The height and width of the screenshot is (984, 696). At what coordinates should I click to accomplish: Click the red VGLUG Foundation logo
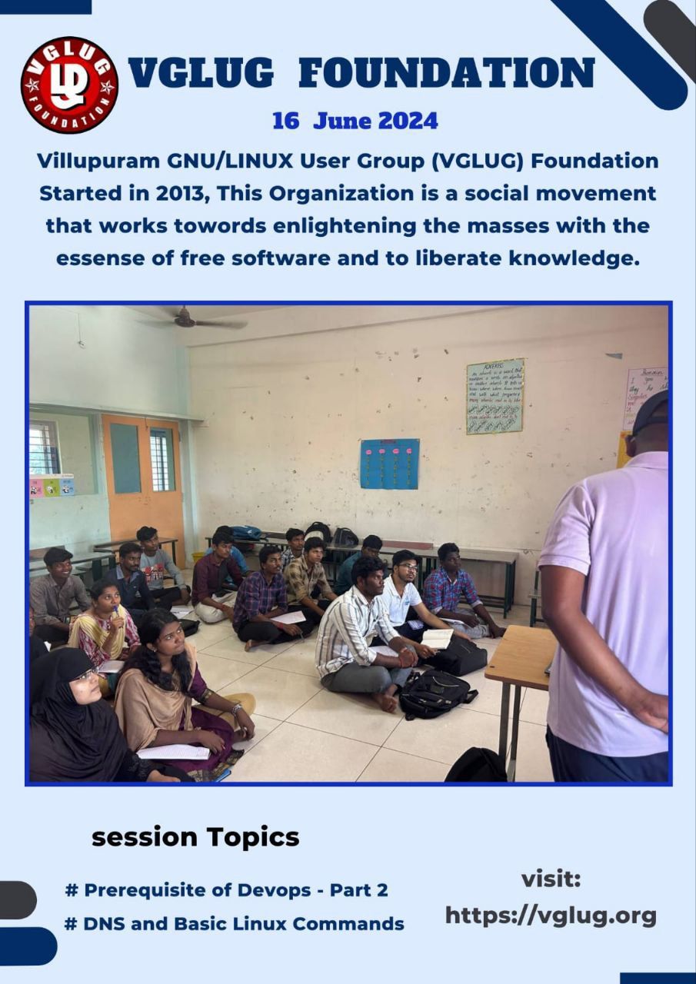pyautogui.click(x=69, y=85)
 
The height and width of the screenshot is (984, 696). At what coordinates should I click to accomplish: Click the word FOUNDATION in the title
pyautogui.click(x=446, y=74)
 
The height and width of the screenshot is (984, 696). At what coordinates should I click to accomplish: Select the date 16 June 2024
pyautogui.click(x=355, y=121)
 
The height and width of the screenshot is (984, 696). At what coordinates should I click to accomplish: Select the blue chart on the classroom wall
pyautogui.click(x=389, y=464)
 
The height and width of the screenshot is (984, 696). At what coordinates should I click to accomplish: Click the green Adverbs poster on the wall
pyautogui.click(x=495, y=396)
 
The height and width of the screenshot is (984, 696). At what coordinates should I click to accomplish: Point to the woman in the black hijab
pyautogui.click(x=73, y=715)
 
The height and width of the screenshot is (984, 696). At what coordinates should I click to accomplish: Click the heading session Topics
pyautogui.click(x=195, y=837)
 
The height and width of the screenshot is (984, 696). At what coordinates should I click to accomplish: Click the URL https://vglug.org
pyautogui.click(x=551, y=915)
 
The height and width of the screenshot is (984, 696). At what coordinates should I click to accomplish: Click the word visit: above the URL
pyautogui.click(x=551, y=879)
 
